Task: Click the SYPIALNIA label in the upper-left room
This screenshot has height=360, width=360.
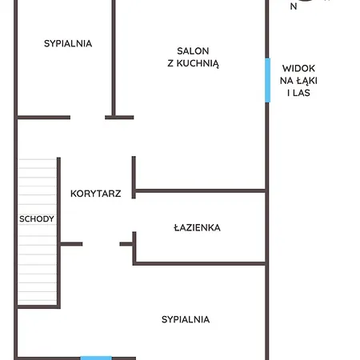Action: click(68, 43)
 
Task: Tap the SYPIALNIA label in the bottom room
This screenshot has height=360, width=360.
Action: click(186, 319)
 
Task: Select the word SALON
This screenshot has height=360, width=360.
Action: click(193, 51)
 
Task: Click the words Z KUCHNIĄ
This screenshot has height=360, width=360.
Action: click(194, 63)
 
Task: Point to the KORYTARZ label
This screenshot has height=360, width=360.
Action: click(96, 194)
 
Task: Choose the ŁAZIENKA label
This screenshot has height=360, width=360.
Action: click(197, 228)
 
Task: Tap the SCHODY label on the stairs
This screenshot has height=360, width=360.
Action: click(37, 219)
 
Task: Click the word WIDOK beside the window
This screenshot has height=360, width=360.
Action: click(298, 68)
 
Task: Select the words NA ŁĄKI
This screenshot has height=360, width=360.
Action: click(298, 81)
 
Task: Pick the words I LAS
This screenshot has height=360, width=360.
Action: click(298, 93)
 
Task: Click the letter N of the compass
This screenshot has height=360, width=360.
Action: click(294, 6)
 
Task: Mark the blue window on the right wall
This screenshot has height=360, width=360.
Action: click(267, 80)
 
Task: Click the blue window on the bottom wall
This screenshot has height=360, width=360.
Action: click(96, 358)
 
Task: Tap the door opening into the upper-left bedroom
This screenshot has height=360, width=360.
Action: click(87, 118)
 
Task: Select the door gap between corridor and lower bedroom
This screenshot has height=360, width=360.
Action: click(101, 244)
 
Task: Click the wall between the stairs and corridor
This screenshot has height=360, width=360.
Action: click(58, 232)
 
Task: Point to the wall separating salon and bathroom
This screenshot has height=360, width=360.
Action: click(201, 190)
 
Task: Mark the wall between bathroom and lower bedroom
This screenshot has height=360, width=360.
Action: click(199, 264)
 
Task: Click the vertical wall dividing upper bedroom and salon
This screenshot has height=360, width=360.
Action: click(114, 58)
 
